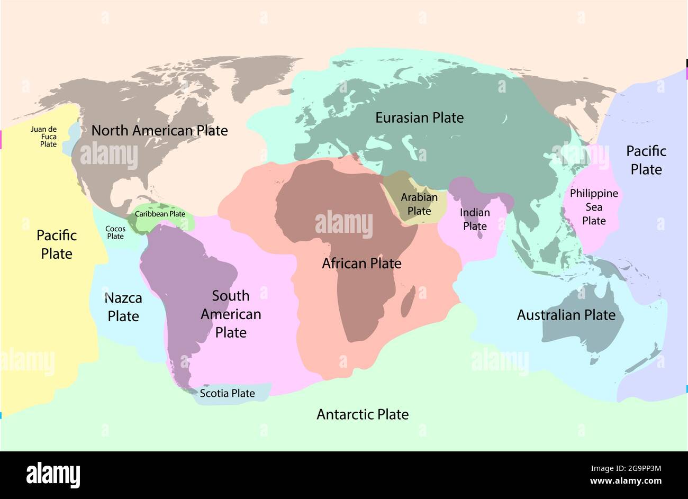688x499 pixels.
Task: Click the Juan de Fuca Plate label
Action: click(43, 137)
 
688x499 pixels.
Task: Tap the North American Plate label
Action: click(159, 130)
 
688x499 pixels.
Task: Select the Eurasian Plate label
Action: click(419, 117)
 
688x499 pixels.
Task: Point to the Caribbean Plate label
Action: click(160, 214)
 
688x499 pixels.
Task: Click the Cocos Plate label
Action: click(115, 232)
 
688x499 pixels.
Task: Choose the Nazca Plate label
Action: click(123, 307)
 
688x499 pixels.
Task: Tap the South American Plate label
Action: click(231, 314)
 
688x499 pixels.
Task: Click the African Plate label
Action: click(361, 263)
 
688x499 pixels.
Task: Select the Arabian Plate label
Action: click(419, 204)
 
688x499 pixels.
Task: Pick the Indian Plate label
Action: click(475, 219)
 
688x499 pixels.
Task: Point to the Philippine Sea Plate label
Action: click(594, 207)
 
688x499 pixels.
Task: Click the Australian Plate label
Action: click(566, 315)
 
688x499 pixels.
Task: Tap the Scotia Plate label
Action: click(227, 393)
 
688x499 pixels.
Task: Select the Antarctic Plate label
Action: click(363, 414)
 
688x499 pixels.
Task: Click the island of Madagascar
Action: click(407, 306)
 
